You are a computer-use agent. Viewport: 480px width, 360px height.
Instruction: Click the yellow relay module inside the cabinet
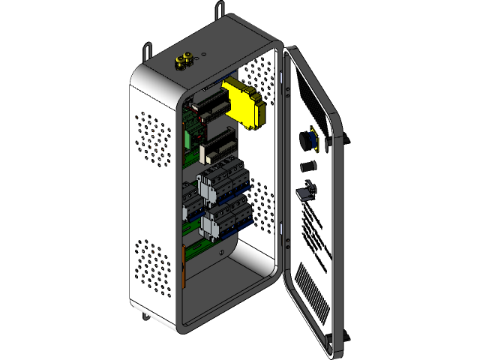coord(246,103)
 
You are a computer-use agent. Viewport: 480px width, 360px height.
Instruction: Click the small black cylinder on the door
coord(307,166)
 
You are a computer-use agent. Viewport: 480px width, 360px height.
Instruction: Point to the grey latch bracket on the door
coord(306,191)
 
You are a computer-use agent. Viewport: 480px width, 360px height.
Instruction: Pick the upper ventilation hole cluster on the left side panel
coord(154,139)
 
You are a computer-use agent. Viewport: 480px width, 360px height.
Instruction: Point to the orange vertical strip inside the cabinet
coord(184,265)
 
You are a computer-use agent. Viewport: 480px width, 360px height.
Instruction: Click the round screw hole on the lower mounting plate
coord(221,253)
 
